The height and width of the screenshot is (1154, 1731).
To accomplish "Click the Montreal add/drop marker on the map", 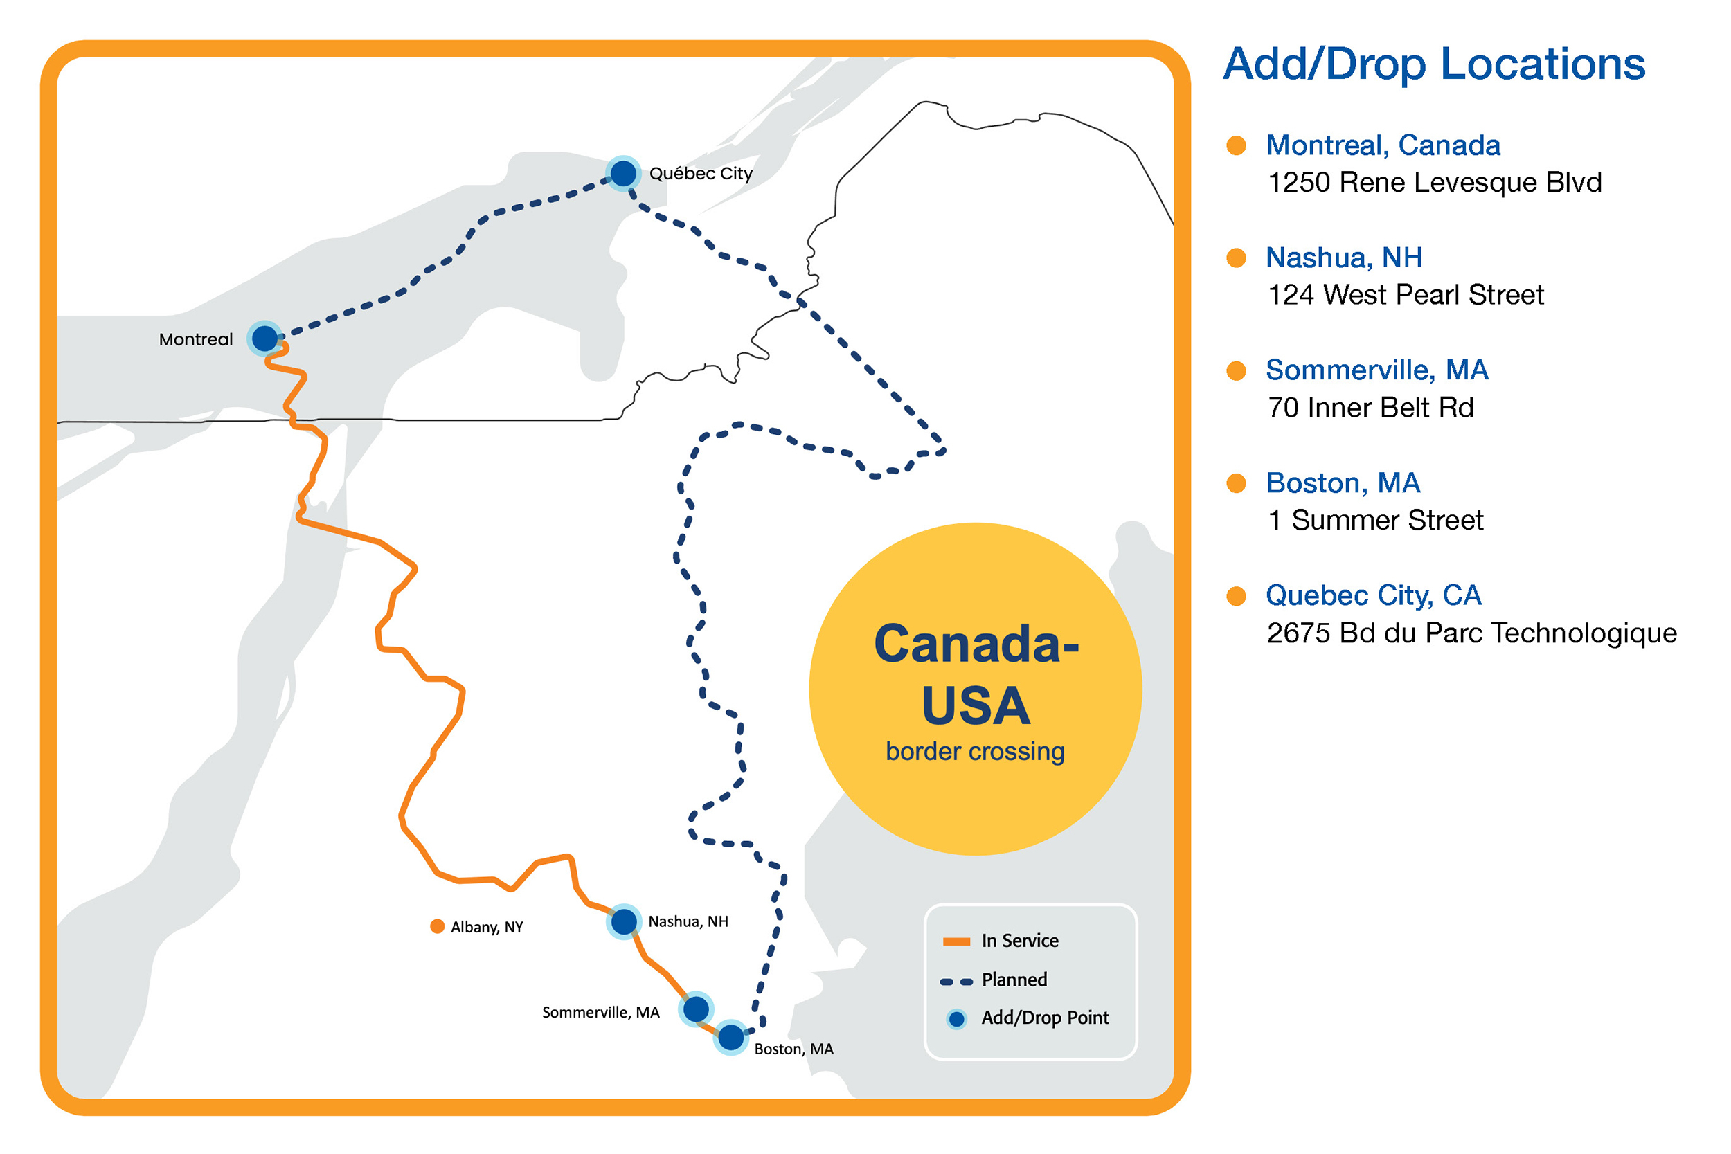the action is [264, 339].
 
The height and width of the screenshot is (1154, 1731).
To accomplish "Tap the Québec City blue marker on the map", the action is [623, 174].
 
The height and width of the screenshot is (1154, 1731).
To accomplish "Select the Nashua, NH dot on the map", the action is [624, 921].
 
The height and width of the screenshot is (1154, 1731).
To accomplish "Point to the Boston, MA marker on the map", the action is [730, 1038].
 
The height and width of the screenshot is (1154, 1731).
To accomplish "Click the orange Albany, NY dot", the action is [437, 926].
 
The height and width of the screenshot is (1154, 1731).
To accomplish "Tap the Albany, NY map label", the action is [487, 928].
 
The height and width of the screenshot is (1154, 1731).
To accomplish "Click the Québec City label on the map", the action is [701, 174].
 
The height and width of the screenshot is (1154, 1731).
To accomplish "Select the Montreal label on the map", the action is [196, 339].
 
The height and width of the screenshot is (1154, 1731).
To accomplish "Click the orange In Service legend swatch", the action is [957, 941].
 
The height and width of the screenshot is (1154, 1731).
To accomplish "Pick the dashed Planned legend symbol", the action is [957, 982].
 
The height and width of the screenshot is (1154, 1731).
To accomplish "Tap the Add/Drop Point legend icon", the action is [957, 1019].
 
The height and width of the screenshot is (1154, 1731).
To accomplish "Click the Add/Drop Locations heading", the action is [1435, 64].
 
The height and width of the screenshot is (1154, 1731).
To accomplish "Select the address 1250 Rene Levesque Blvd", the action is [1435, 183].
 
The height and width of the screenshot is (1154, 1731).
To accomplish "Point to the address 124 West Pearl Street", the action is [1406, 295].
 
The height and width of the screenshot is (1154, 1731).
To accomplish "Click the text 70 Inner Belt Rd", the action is [1370, 408].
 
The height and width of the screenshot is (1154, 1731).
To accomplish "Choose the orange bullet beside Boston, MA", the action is [1237, 483].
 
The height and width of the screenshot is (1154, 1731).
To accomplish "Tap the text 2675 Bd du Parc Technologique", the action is [1472, 633].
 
